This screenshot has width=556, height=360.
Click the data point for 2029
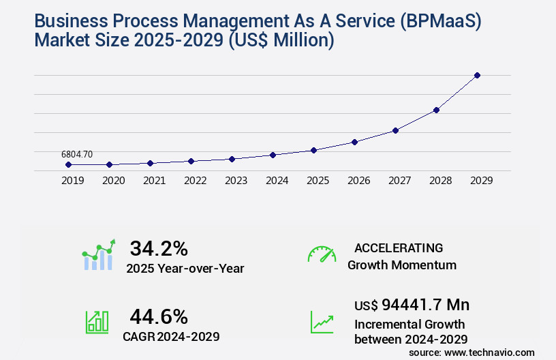pyautogui.click(x=477, y=75)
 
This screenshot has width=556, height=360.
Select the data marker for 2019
pyautogui.click(x=68, y=164)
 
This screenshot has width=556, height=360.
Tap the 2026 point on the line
pyautogui.click(x=354, y=142)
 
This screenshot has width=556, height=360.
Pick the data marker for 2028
pyautogui.click(x=436, y=110)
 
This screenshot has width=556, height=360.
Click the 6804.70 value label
pyautogui.click(x=76, y=155)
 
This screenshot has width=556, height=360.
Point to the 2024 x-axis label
pyautogui.click(x=277, y=181)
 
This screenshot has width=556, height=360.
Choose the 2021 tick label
pyautogui.click(x=154, y=181)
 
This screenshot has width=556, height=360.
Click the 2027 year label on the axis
pyautogui.click(x=399, y=181)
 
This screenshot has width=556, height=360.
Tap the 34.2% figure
pyautogui.click(x=159, y=248)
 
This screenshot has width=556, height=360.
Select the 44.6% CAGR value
pyautogui.click(x=159, y=316)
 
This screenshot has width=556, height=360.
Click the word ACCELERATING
pyautogui.click(x=399, y=247)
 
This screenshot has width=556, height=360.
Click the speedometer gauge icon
pyautogui.click(x=322, y=254)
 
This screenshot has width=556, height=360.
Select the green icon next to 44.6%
pyautogui.click(x=97, y=322)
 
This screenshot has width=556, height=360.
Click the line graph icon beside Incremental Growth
pyautogui.click(x=322, y=322)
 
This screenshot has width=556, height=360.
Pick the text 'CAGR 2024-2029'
pyautogui.click(x=171, y=336)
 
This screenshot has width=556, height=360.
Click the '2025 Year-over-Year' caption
pyautogui.click(x=185, y=268)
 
